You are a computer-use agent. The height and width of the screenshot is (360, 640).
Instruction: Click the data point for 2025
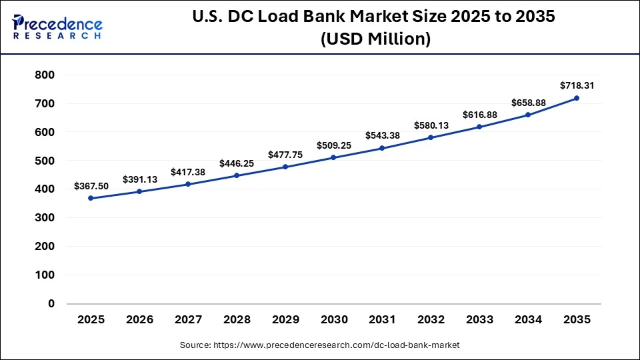[91, 198]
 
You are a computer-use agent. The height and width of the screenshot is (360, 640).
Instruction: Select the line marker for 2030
[333, 157]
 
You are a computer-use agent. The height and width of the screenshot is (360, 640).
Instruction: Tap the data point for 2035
[577, 98]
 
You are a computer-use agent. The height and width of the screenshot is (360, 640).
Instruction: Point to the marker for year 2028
[237, 175]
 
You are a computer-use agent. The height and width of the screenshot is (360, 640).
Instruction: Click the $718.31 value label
[577, 85]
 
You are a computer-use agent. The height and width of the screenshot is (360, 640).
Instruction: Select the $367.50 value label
[91, 186]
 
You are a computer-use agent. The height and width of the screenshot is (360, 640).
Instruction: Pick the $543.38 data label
[382, 135]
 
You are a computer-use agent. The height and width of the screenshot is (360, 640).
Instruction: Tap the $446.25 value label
[237, 163]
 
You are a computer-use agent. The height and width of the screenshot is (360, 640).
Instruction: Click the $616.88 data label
[479, 115]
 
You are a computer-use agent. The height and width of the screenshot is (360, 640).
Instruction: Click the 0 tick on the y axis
[51, 303]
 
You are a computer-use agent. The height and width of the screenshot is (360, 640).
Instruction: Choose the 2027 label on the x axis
[188, 320]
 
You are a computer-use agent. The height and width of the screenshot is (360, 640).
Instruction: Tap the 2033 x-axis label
[479, 320]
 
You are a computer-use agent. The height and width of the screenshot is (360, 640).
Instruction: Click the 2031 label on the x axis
[382, 320]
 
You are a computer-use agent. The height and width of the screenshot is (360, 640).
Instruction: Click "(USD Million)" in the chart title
[375, 40]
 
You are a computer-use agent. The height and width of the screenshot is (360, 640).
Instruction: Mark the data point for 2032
[431, 137]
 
